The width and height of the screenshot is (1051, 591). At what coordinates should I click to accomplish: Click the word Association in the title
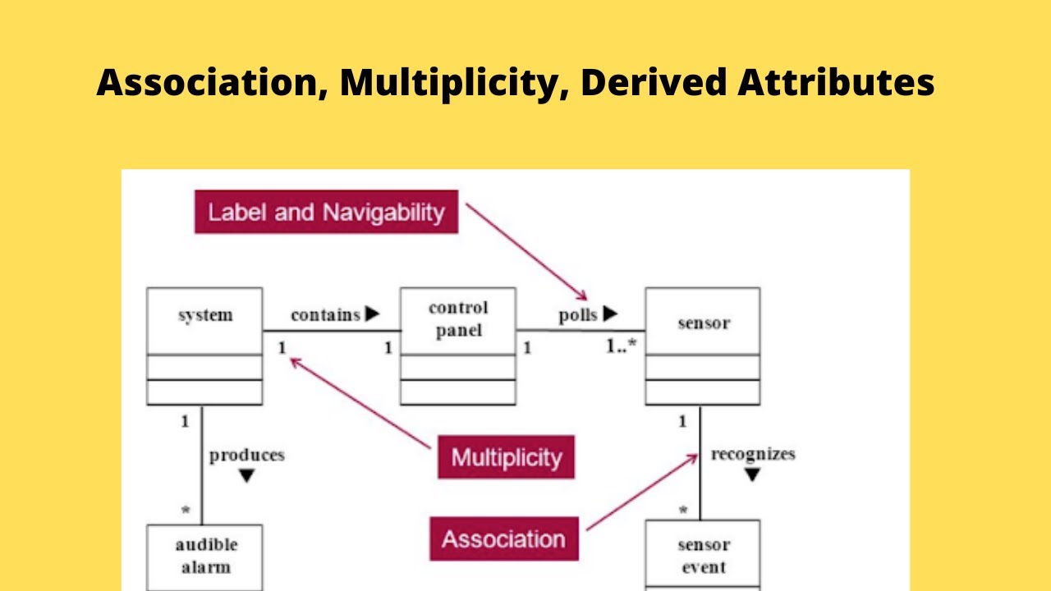pos(212,83)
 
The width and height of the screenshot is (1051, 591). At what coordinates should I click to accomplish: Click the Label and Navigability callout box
pos(326,213)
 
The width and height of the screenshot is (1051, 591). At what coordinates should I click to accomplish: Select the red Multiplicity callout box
pos(506,457)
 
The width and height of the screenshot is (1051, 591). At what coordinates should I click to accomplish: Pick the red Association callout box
pos(503,539)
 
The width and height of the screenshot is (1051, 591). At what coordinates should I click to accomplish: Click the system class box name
pos(204,315)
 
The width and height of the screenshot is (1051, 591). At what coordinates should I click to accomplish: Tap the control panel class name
pos(458,319)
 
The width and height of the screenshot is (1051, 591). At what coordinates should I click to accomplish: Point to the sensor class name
pos(703,323)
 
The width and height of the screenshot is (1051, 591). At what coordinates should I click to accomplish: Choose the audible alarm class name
pos(206,556)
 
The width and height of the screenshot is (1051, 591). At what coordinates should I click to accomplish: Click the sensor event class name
pos(704,556)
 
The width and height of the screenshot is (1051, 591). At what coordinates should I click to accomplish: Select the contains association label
pos(325,314)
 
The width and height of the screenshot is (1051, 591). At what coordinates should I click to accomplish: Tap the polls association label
pos(578,315)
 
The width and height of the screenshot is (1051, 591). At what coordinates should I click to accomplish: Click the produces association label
pos(246,455)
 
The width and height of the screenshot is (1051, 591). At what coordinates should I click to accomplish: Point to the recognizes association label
pos(753,454)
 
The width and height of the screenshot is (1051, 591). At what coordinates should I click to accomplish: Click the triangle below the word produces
pos(246,476)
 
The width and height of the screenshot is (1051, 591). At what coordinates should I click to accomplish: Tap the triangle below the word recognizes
pos(752,475)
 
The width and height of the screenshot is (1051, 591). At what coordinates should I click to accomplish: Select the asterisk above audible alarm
pos(186,511)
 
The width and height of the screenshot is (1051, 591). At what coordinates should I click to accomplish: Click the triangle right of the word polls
pos(610,313)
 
